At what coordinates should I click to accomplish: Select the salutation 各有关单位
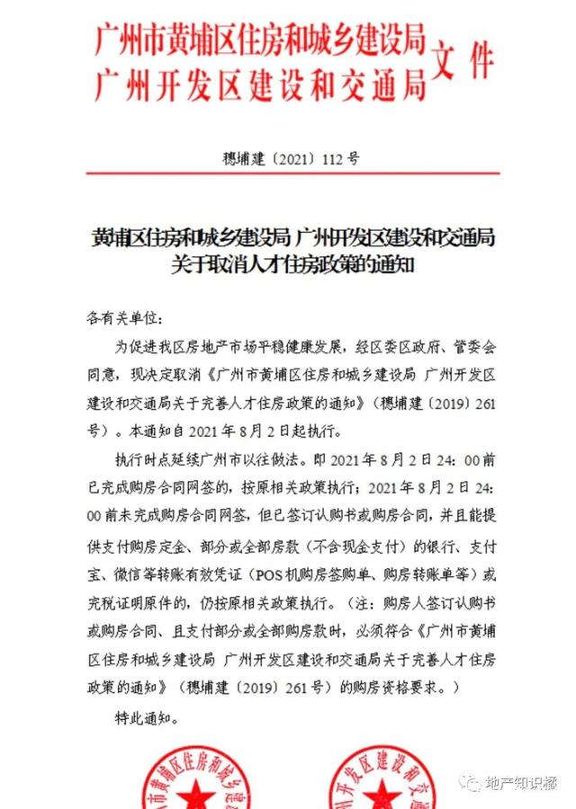(x=121, y=319)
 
